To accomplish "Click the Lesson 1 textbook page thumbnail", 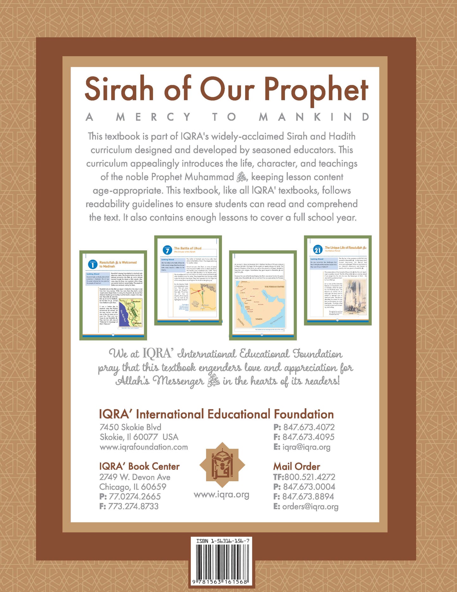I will (x=113, y=295).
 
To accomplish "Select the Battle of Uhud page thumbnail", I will (x=188, y=280).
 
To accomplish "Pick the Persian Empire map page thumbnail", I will (x=263, y=295).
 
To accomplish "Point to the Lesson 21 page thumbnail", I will (x=337, y=280).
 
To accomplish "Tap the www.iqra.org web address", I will (x=221, y=495).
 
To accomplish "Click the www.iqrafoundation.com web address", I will (x=144, y=447).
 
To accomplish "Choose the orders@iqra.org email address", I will (x=310, y=506).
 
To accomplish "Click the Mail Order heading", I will (x=296, y=466).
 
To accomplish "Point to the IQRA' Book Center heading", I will (x=139, y=466).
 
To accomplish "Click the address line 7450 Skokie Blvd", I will (x=130, y=427).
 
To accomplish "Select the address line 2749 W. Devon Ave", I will (x=135, y=477).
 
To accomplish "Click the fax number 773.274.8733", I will (x=133, y=506).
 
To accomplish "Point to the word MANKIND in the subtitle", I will (x=314, y=117).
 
